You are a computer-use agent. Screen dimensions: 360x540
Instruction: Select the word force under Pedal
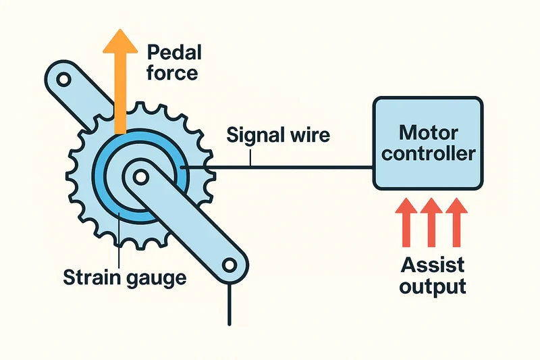point(172,72)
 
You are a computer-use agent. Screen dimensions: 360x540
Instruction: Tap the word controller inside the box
point(428,153)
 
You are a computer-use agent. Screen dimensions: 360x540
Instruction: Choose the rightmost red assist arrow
point(457,222)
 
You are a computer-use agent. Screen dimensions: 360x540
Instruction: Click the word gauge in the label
point(153,278)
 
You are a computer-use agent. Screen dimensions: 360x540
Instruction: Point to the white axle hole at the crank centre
point(140,178)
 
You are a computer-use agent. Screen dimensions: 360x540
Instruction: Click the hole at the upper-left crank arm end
point(63,80)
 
